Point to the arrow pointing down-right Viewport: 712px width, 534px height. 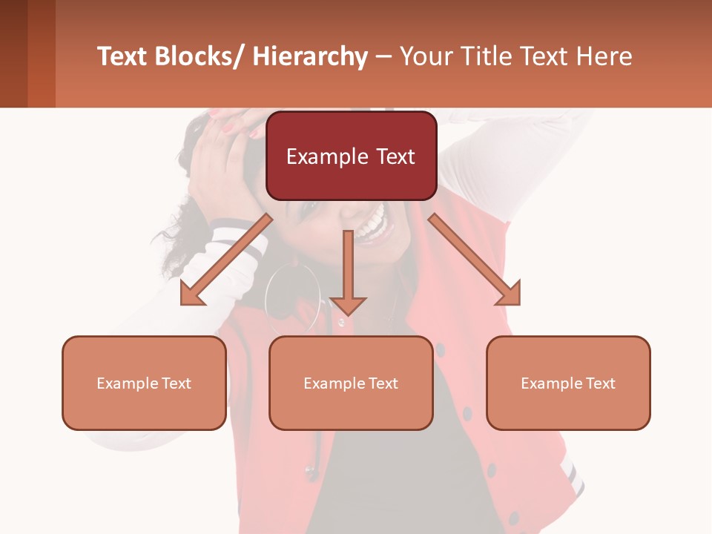475,260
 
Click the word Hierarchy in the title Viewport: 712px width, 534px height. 310,56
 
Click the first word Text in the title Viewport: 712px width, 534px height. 123,56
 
